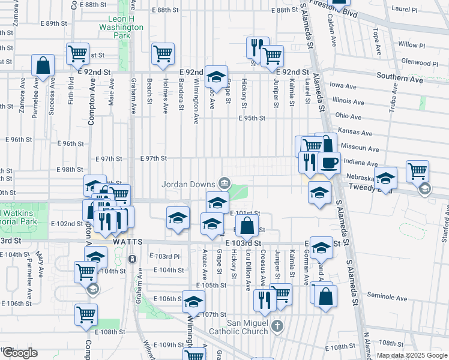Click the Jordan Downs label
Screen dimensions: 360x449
click(x=188, y=184)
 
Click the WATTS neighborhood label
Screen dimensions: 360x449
click(x=128, y=241)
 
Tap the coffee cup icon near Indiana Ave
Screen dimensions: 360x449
click(x=328, y=162)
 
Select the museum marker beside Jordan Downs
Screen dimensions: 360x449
click(x=224, y=182)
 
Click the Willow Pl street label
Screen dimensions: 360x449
click(x=411, y=45)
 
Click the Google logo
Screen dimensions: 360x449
click(x=19, y=353)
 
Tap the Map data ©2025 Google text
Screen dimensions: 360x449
click(x=411, y=355)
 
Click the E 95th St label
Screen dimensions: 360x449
click(x=252, y=118)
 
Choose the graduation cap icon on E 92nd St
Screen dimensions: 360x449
click(x=216, y=76)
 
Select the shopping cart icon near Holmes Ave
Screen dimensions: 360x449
click(x=163, y=53)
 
